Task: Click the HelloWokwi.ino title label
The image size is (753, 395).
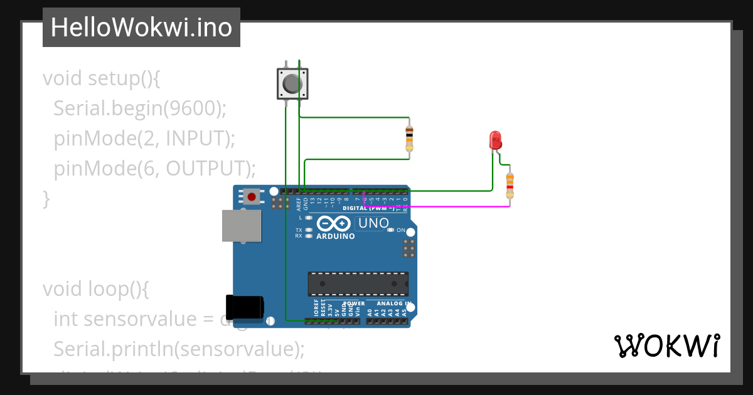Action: (x=141, y=28)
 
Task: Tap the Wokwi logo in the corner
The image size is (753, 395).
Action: (x=666, y=346)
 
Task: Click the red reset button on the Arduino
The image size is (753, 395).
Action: (x=252, y=197)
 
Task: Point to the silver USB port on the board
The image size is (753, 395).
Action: (x=242, y=226)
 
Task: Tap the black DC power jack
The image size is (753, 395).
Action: (x=244, y=307)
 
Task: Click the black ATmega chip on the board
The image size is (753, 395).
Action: (x=358, y=284)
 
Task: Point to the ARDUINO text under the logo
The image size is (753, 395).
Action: (x=335, y=236)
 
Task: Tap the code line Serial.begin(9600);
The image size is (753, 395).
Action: (x=139, y=108)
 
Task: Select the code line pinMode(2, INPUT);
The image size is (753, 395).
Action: (x=144, y=138)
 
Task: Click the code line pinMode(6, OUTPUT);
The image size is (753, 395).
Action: (x=155, y=168)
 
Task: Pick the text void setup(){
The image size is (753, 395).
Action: (x=102, y=78)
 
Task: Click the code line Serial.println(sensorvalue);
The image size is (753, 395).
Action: (x=179, y=348)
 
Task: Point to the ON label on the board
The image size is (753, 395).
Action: (x=401, y=230)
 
